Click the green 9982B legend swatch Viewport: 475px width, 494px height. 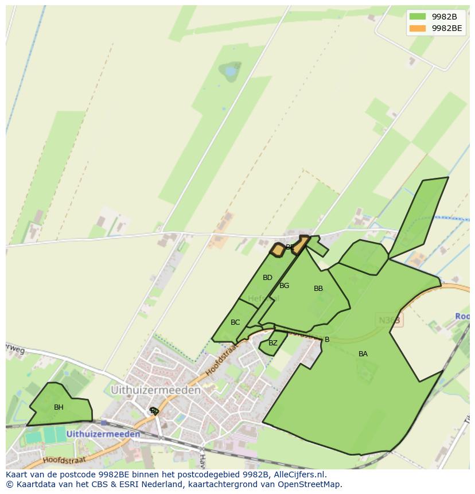point(418,16)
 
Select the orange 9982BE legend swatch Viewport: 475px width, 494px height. point(418,28)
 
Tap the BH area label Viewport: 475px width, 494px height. point(59,407)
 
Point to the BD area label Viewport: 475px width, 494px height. point(267,278)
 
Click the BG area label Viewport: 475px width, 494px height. point(284,286)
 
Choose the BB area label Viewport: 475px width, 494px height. point(318,289)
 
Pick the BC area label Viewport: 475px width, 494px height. point(235,322)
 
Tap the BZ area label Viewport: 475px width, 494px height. point(273,343)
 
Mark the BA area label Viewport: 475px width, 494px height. point(363,354)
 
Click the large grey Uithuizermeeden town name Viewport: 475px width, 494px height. point(155,390)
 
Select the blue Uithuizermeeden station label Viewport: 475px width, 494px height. point(103,434)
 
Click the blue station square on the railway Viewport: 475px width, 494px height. point(104,423)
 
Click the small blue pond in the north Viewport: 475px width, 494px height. point(231,71)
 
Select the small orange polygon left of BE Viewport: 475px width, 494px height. point(278,250)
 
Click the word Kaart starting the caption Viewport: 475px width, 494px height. point(17,474)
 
